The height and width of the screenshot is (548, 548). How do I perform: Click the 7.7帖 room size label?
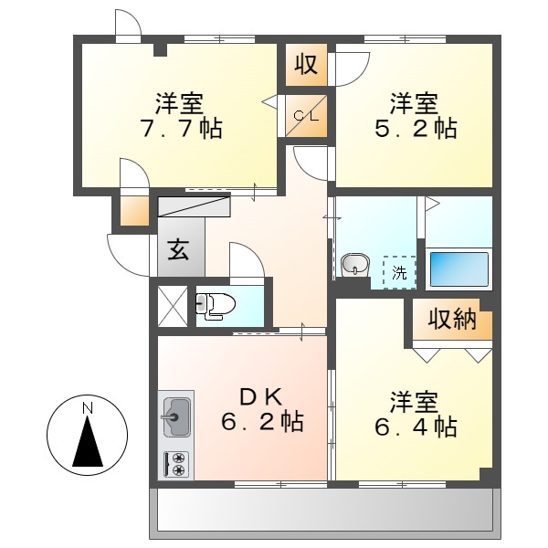(181, 129)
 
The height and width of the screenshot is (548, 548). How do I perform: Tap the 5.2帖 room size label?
(416, 129)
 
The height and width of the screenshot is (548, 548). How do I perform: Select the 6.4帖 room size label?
(416, 427)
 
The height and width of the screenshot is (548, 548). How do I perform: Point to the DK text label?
(261, 397)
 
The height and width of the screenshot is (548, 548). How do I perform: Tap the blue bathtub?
(458, 269)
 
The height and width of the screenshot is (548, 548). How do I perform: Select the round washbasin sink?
(355, 265)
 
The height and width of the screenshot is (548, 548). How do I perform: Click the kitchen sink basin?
(176, 416)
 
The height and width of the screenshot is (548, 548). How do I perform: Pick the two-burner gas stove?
(176, 465)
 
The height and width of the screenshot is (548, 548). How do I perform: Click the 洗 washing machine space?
(399, 272)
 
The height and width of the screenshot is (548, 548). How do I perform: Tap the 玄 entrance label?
(178, 250)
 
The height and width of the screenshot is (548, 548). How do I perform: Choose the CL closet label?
(306, 116)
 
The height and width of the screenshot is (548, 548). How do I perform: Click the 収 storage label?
(306, 64)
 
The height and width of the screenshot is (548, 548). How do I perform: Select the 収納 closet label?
(453, 319)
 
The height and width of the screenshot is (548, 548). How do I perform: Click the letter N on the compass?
(88, 408)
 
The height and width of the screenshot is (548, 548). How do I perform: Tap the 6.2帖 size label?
(262, 422)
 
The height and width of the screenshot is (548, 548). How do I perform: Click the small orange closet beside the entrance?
(134, 211)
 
